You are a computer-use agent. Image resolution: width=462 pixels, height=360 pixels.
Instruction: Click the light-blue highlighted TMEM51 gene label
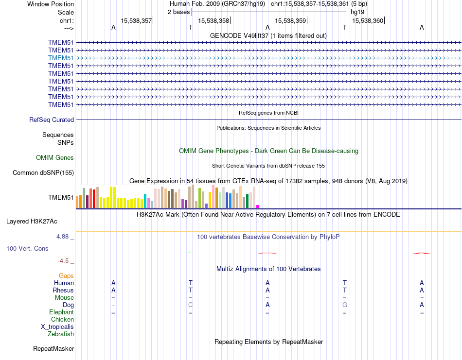pos(61,58)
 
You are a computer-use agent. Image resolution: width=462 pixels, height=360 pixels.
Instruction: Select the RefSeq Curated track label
pos(52,120)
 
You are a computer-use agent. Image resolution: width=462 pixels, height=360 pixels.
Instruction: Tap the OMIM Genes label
pos(55,157)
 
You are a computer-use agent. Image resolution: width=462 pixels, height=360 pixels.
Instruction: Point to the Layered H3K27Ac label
pos(32,222)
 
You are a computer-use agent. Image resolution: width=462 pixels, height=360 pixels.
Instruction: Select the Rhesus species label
pos(63,290)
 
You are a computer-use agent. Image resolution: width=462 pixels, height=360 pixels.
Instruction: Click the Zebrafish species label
pos(61,334)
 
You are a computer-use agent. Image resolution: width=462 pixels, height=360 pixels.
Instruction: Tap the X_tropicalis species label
pos(57,326)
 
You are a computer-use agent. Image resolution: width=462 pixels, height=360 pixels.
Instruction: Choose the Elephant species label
pos(61,312)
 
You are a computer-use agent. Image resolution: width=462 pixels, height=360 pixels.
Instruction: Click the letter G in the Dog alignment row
pos(345,305)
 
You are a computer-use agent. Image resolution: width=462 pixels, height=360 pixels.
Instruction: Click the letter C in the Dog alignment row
pos(191,305)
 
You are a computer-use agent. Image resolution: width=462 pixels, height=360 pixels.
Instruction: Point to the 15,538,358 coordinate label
pos(214,20)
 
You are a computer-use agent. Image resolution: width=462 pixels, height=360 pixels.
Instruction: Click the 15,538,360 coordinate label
pos(368,20)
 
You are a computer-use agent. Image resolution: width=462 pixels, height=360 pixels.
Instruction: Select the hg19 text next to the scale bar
pos(357,12)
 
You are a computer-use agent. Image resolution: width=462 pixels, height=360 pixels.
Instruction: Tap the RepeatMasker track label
pos(53,348)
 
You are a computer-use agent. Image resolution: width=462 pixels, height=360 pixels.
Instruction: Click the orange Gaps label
pos(66,275)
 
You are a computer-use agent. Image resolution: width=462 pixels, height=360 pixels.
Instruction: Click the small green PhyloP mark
pos(189,253)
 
